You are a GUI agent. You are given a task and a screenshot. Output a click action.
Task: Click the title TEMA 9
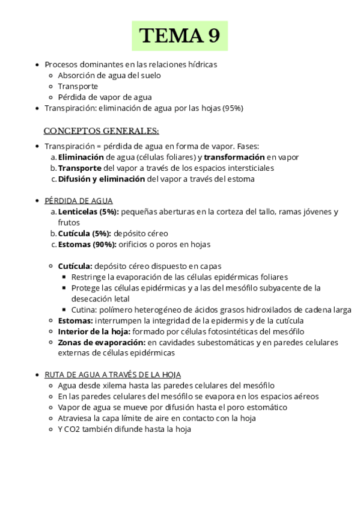pos(180,36)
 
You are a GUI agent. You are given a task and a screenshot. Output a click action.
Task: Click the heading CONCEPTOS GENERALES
pos(101,131)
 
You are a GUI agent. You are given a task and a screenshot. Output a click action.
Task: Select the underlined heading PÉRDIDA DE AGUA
pos(78,201)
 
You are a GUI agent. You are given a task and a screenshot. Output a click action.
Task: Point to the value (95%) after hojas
pos(233,108)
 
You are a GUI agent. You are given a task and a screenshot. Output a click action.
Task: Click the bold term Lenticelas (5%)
pos(88,212)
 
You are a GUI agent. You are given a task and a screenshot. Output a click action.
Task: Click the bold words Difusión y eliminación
pos(101,179)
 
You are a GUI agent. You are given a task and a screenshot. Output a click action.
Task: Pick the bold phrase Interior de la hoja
pos(94,331)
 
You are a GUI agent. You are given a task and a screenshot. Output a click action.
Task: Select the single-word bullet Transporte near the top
pos(78,86)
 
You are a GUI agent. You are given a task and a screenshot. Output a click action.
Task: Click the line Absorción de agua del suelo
pos(109,75)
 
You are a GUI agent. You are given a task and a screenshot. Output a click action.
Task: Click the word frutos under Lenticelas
pos(69,223)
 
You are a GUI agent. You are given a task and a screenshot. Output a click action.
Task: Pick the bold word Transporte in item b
pos(79,168)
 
